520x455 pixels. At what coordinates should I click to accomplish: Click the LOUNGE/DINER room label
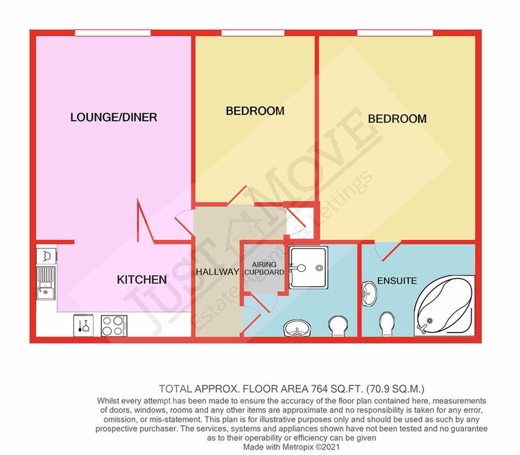tap(114, 117)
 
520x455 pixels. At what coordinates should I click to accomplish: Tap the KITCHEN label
tap(141, 280)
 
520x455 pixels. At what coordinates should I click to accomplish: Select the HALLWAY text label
tap(218, 272)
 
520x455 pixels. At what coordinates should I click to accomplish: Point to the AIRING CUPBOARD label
tap(264, 268)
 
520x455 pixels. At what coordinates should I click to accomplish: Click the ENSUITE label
tap(397, 281)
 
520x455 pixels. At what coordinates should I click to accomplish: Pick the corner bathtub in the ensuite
tap(444, 306)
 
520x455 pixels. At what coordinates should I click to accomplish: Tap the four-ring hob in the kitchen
tap(114, 326)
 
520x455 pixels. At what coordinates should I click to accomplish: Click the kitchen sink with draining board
tap(46, 283)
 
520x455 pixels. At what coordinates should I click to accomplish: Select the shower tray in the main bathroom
tap(309, 268)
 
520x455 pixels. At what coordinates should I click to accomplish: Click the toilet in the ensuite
tap(387, 324)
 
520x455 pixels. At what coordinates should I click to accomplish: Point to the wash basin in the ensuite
tap(369, 293)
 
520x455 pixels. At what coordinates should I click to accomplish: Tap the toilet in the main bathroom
tap(338, 325)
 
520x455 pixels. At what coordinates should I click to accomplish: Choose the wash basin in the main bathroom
tap(297, 328)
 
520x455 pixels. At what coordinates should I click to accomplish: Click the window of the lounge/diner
tap(113, 33)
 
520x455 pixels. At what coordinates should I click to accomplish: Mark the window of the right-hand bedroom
tap(395, 33)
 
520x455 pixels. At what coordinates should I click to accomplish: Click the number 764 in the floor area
tap(319, 388)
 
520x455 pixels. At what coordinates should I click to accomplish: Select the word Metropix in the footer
tap(297, 447)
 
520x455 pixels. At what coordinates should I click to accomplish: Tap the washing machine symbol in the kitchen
tap(46, 256)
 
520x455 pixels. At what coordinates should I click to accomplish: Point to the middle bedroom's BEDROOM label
tap(255, 111)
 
